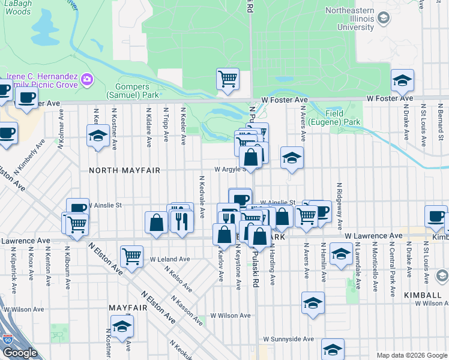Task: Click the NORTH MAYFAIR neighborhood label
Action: click(x=124, y=170)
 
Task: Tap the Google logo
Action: click(x=20, y=353)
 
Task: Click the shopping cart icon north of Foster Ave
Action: click(x=228, y=79)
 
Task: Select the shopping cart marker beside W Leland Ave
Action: click(x=131, y=256)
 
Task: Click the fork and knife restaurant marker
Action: click(x=182, y=221)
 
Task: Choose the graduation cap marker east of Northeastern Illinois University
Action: click(x=402, y=80)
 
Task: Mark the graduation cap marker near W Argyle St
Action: click(x=292, y=158)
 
